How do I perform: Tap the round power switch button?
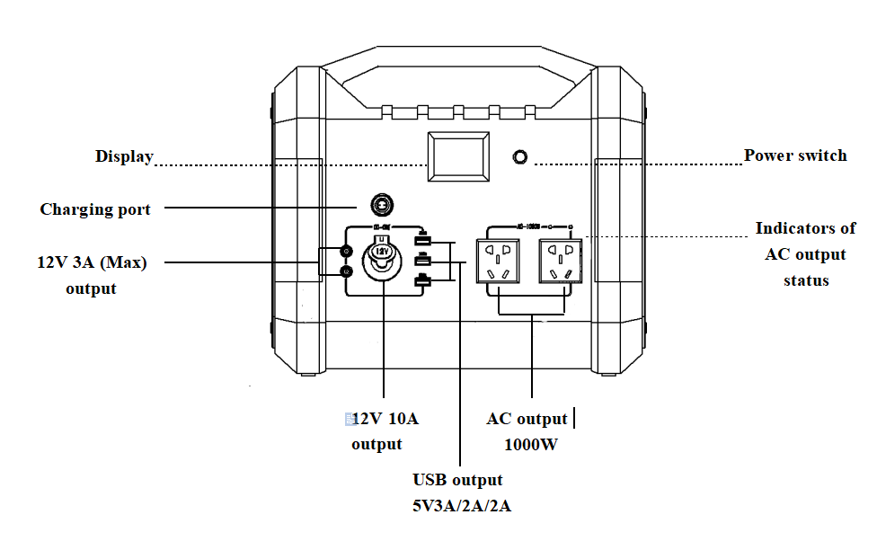(518, 157)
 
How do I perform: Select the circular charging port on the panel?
(382, 206)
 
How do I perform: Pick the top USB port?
(421, 240)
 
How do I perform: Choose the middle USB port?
(421, 261)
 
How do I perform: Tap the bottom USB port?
(421, 282)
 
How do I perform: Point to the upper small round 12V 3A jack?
(346, 252)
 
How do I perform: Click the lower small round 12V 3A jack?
(346, 271)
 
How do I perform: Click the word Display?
(124, 156)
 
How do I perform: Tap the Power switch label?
(795, 155)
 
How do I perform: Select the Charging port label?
(95, 209)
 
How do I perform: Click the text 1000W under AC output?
(531, 444)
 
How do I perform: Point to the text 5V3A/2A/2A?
(461, 505)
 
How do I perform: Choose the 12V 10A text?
(385, 419)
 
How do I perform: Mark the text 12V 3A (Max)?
(92, 262)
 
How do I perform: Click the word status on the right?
(806, 280)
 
